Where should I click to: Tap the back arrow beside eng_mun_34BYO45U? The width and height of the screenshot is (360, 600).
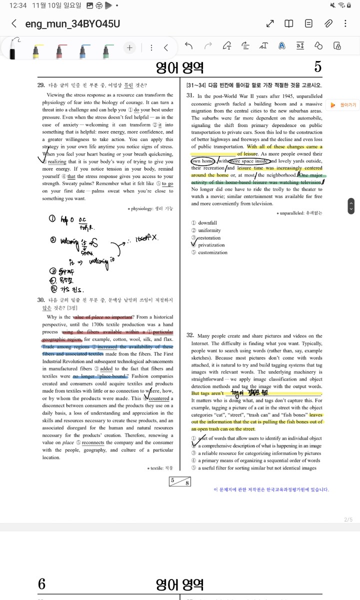14,23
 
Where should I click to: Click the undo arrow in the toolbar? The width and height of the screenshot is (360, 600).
188,46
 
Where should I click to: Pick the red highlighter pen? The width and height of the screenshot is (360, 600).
59,49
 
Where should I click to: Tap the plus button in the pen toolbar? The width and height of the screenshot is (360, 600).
129,47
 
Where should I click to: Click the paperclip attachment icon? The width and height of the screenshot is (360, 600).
328,23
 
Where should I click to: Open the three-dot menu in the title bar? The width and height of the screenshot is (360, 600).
345,23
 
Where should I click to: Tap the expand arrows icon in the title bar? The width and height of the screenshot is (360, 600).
270,23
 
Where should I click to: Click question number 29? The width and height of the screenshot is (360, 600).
41,85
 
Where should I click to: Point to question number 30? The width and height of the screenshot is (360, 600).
41,299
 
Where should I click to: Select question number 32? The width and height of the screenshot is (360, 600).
190,335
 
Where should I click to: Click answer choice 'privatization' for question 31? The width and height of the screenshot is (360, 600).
211,245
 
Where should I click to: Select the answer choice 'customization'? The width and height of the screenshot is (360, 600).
213,252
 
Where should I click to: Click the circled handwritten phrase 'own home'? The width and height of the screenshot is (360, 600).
203,161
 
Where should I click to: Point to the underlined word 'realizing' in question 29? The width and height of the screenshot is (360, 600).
57,161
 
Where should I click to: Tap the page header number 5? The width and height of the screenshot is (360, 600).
318,67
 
